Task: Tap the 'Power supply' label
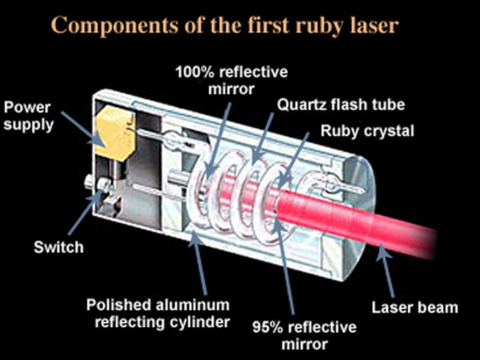coord(29,116)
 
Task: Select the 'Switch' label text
coord(59,247)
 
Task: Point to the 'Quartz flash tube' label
coord(341,104)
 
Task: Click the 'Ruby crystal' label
coord(367,131)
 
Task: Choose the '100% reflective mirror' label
coord(231,80)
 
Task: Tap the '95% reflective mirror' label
coord(304,335)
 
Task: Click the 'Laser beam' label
coord(414,307)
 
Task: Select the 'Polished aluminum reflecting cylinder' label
coord(158,314)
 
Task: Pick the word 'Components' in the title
coord(109,26)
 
